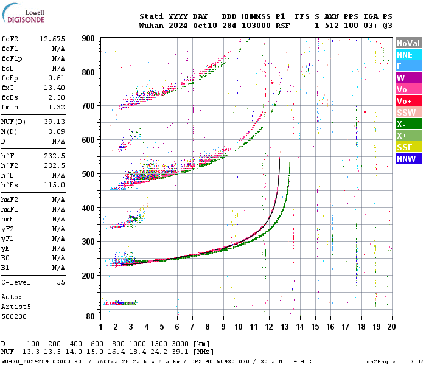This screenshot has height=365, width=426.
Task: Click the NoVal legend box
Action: [x=409, y=43]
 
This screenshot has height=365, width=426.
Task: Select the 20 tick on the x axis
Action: [x=391, y=327]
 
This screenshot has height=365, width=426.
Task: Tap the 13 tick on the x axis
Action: [x=284, y=327]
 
